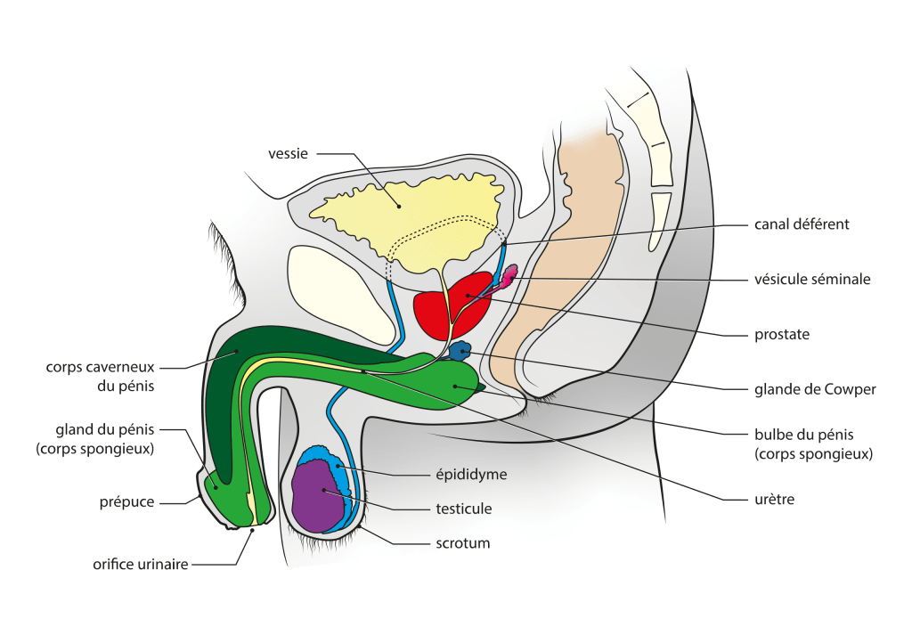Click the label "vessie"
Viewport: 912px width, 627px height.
[x=288, y=154]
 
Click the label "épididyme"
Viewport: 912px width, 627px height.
[x=471, y=475]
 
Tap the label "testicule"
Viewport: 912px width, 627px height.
[x=463, y=509]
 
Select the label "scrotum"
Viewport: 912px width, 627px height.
[x=462, y=542]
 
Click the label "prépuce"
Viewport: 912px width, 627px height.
[x=127, y=502]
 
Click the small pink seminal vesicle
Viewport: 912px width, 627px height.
[x=509, y=277]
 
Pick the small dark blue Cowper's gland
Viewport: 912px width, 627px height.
[x=460, y=352]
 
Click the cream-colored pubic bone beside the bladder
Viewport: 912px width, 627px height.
[x=340, y=289]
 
